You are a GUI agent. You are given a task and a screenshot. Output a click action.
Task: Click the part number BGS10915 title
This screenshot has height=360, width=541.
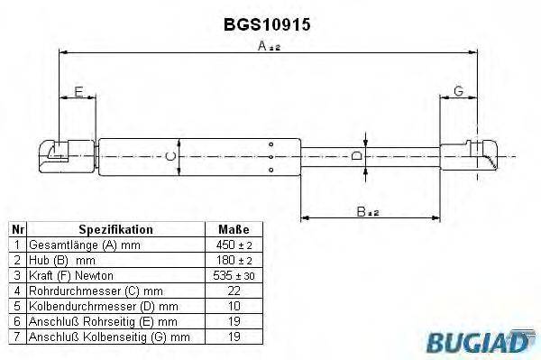(x=267, y=25)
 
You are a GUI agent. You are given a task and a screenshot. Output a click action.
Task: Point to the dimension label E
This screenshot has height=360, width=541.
(x=78, y=91)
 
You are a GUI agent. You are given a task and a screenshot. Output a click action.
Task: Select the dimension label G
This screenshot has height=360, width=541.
(x=458, y=91)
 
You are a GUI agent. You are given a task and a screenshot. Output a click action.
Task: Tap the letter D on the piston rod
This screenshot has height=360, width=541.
(x=356, y=156)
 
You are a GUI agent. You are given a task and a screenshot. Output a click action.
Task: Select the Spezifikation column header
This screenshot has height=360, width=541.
(x=115, y=229)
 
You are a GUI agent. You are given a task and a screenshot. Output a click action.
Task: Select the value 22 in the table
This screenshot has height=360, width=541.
(x=234, y=291)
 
